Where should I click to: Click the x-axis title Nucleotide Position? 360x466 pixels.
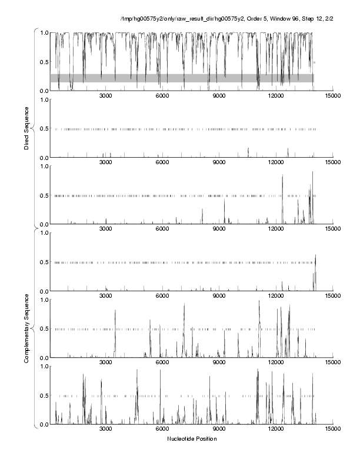coord(191,439)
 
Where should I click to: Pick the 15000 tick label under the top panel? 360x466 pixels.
coord(332,96)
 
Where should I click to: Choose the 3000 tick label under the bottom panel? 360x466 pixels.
coord(106,430)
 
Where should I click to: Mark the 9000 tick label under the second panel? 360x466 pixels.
coord(219,162)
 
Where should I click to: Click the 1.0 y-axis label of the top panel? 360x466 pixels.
coord(44,32)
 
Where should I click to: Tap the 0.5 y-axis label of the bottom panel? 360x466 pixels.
coord(44,395)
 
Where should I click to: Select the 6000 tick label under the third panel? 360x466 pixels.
coord(162,229)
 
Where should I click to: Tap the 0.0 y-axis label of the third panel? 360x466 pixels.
coord(44,224)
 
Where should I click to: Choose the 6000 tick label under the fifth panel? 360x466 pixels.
coord(162,363)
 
